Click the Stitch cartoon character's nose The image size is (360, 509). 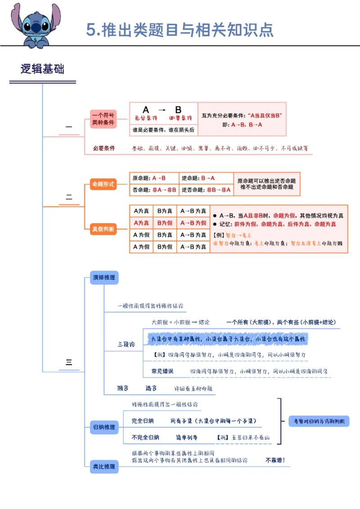point(36,27)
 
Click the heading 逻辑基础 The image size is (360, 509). point(42,69)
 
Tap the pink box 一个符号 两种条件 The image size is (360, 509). point(103,119)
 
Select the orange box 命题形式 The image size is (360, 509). point(103,184)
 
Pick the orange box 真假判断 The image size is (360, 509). point(103,229)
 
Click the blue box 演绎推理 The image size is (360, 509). point(103,277)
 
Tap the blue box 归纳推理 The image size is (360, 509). point(103,427)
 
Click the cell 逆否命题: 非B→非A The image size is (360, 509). point(206,190)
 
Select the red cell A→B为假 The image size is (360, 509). point(193,223)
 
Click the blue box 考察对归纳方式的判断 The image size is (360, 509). point(319,421)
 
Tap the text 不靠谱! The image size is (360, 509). point(275,460)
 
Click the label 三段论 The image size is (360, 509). point(126,344)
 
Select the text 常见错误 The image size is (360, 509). point(162,371)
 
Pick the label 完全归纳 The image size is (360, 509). point(143,421)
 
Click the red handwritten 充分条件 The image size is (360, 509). point(146,118)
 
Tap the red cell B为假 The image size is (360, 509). point(165,223)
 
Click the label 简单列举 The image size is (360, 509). point(187,437)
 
